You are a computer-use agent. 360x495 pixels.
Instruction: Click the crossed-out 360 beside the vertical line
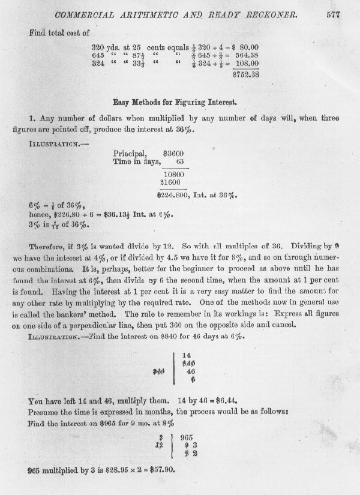(159, 370)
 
